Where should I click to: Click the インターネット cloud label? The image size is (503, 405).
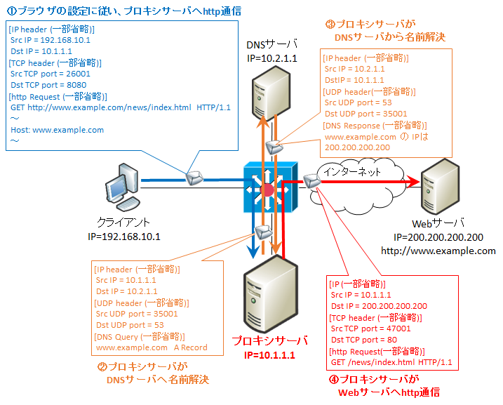pyautogui.click(x=349, y=171)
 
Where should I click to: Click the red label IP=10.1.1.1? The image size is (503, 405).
pyautogui.click(x=270, y=355)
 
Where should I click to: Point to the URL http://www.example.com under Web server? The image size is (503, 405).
pyautogui.click(x=438, y=251)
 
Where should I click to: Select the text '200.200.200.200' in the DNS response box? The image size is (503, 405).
pyautogui.click(x=358, y=147)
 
